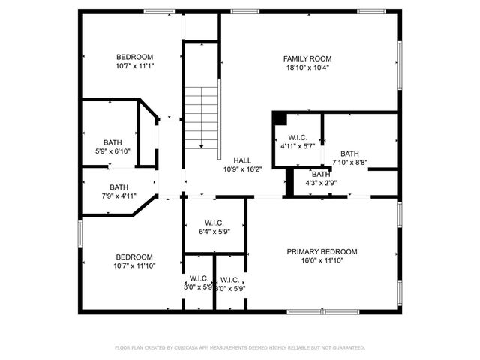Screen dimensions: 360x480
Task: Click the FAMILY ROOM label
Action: pos(307,58)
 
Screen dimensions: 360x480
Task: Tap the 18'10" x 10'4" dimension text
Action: pos(307,67)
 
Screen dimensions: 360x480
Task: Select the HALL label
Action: pos(242,160)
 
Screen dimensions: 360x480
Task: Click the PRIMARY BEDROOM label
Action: pos(322,252)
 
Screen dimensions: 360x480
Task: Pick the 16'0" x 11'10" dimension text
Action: pos(322,261)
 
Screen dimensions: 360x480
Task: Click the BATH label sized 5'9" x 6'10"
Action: pos(112,142)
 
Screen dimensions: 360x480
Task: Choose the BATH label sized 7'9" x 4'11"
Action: pos(118,188)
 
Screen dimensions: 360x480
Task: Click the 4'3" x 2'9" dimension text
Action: pos(321,182)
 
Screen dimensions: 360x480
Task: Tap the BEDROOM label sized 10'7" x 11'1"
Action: pos(134,57)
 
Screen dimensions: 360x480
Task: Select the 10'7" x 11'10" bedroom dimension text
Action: pos(134,265)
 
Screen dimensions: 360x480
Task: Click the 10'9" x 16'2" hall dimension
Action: pos(242,169)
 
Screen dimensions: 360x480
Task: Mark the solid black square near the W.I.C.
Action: pos(279,118)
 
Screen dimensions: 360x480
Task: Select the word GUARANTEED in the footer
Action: pos(348,348)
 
